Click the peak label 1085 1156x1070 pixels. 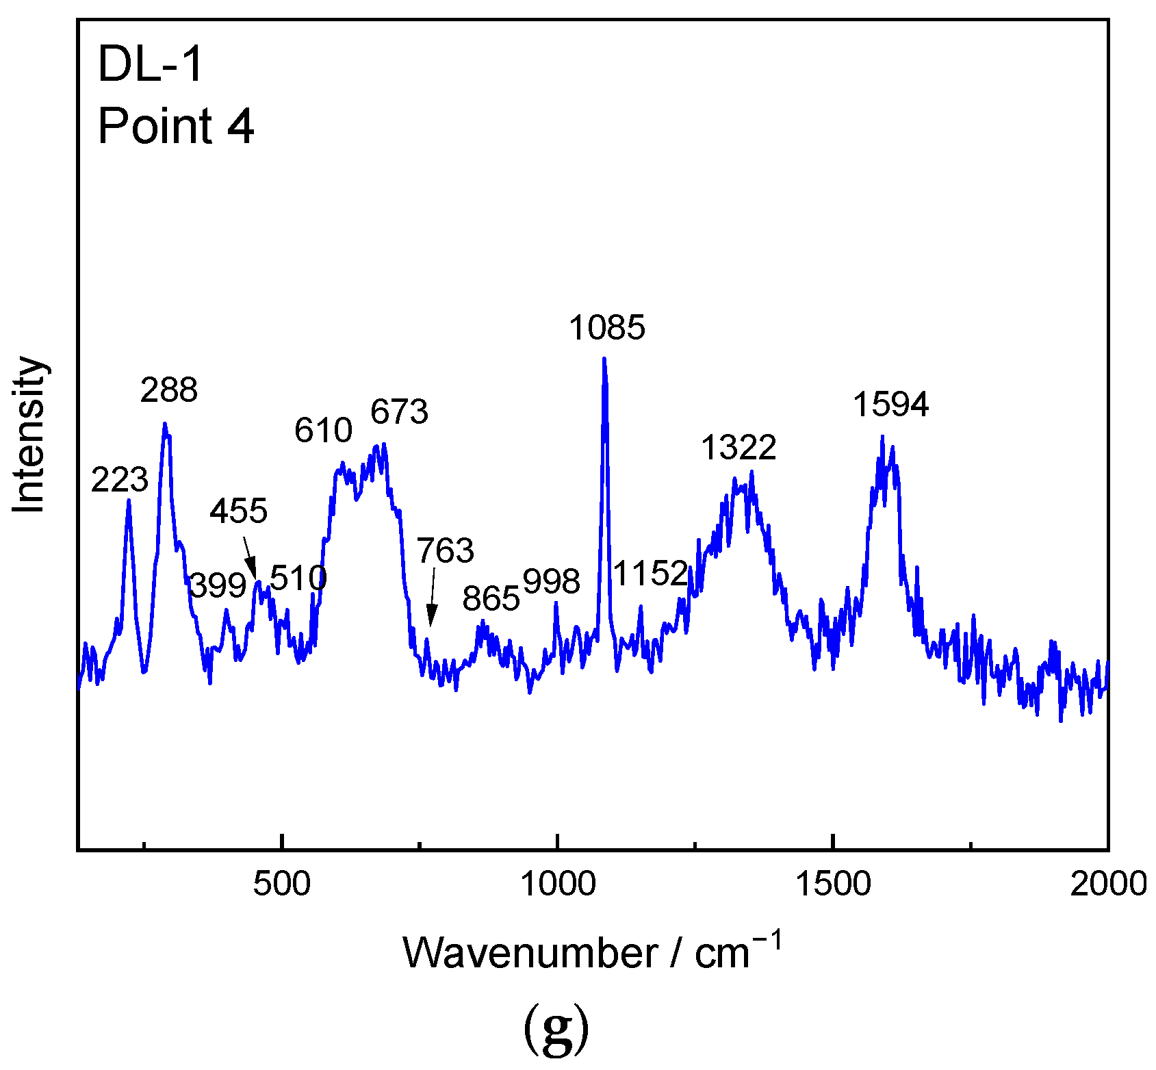coord(607,328)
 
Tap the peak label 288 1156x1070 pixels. coord(169,390)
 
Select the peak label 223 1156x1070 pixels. coord(120,480)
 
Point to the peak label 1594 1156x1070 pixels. coord(890,405)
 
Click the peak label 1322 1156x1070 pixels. coord(738,448)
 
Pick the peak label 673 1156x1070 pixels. coord(400,412)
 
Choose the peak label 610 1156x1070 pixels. coord(323,431)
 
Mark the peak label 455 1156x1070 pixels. coord(238,511)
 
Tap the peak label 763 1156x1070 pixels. coord(446,550)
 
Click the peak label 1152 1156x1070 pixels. coord(650,573)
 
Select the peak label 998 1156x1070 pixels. coord(552,582)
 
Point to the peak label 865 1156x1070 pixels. coord(491,599)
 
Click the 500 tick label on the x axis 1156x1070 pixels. coord(281,884)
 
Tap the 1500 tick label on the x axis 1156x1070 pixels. coord(833,884)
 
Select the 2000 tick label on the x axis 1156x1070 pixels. coord(1108,884)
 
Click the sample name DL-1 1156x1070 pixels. coord(151,64)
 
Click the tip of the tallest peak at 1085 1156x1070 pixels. coord(604,358)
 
